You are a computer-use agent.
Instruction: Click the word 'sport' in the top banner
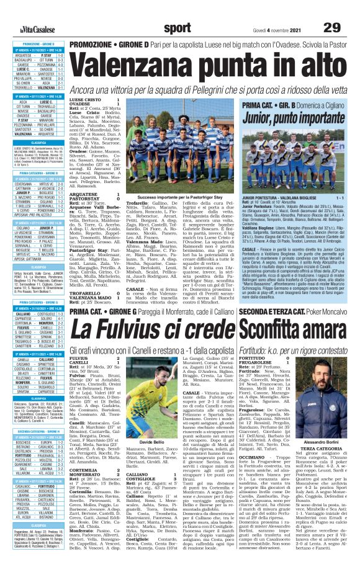[179, 11]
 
